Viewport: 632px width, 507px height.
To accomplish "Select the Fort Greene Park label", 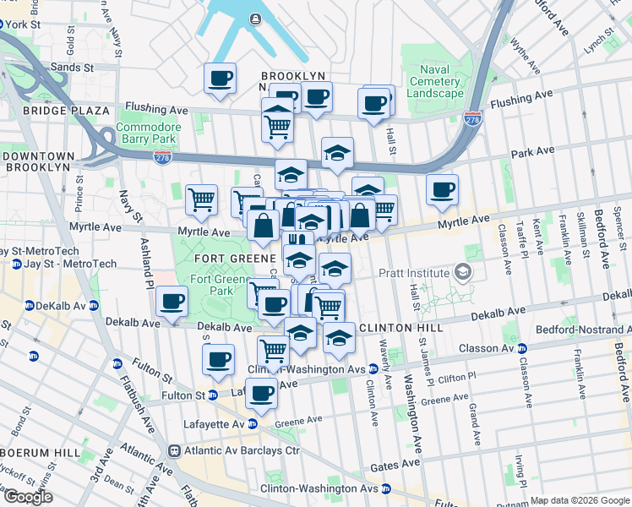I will tap(210, 285).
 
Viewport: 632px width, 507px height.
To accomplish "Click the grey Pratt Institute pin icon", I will tap(461, 272).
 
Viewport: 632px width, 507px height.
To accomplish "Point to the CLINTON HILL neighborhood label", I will tap(396, 327).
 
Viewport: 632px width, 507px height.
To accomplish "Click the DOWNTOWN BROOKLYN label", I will tap(36, 161).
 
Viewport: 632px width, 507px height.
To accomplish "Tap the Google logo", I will tap(28, 497).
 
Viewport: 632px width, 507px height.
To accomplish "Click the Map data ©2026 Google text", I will tap(580, 500).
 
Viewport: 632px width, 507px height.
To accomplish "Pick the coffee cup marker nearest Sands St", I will tap(221, 79).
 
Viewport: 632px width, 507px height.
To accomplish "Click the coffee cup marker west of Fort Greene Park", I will tap(172, 301).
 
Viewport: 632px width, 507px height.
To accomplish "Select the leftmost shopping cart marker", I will tap(201, 199).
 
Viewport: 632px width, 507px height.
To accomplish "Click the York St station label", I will tap(23, 25).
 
